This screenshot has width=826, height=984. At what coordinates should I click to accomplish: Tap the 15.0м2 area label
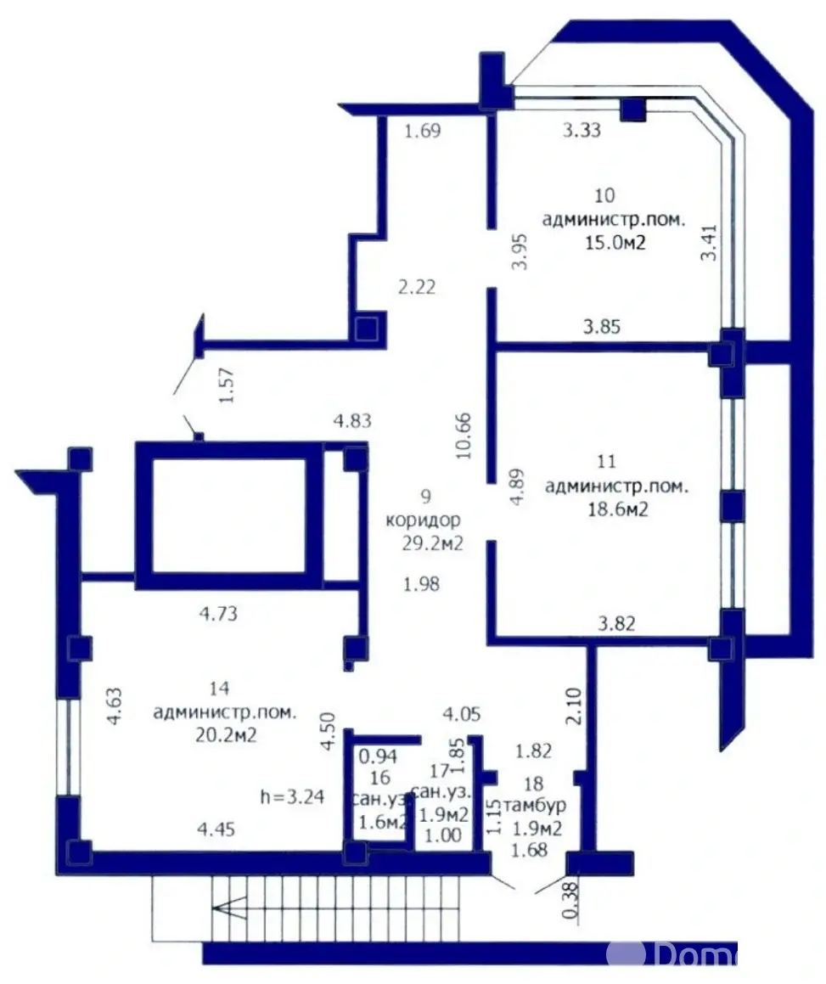click(x=614, y=242)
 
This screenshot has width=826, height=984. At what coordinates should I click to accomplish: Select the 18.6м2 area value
click(x=616, y=510)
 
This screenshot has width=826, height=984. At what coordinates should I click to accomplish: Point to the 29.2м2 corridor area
click(x=433, y=544)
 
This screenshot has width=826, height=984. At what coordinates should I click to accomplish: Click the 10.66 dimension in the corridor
click(x=464, y=436)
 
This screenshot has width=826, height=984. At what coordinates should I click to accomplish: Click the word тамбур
click(x=536, y=804)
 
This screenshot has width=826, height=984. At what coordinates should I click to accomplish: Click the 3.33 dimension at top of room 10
click(x=583, y=130)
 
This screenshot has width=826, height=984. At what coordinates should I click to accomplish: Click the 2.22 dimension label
click(x=418, y=287)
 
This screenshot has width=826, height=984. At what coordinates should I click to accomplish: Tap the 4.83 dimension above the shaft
click(x=352, y=419)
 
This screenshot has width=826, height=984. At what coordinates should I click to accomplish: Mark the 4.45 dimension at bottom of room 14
click(x=216, y=828)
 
